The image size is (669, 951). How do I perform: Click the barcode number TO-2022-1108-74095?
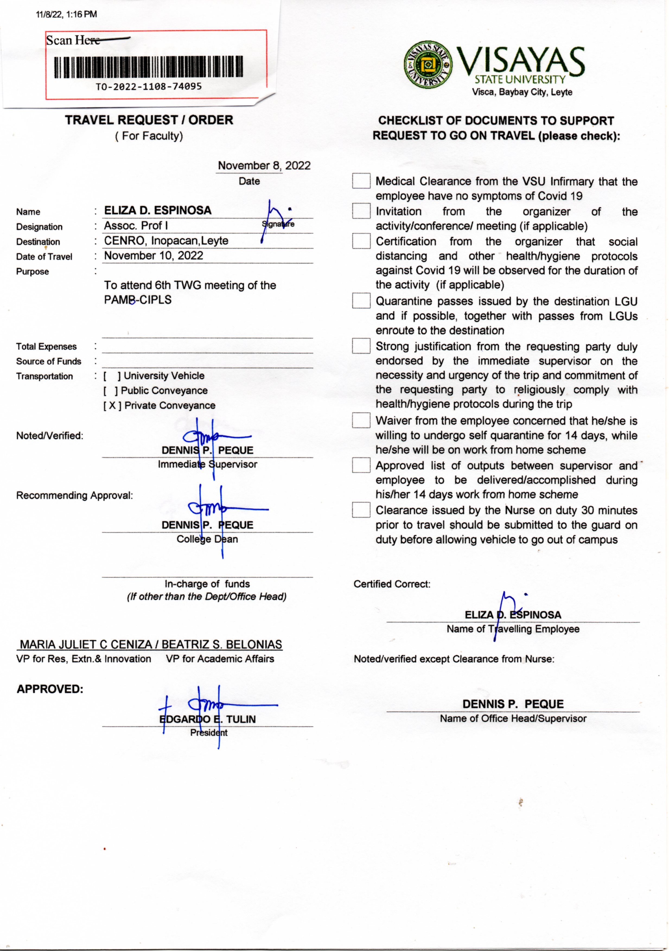[149, 87]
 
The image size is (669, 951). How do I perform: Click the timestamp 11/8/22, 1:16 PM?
[66, 14]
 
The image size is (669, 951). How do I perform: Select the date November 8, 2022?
[264, 166]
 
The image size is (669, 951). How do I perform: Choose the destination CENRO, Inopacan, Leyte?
[166, 241]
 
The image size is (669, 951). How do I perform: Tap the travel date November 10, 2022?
[153, 256]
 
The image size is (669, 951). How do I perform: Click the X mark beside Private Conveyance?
[112, 406]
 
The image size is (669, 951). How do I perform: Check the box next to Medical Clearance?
[361, 181]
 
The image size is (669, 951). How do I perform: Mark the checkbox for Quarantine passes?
[361, 301]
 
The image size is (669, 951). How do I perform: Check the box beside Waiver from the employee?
[361, 420]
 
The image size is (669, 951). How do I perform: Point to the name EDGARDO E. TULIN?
[208, 719]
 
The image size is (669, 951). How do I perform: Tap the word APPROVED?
[50, 689]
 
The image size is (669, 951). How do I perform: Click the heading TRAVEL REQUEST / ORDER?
[149, 120]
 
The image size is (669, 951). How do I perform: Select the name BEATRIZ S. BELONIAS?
[222, 644]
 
